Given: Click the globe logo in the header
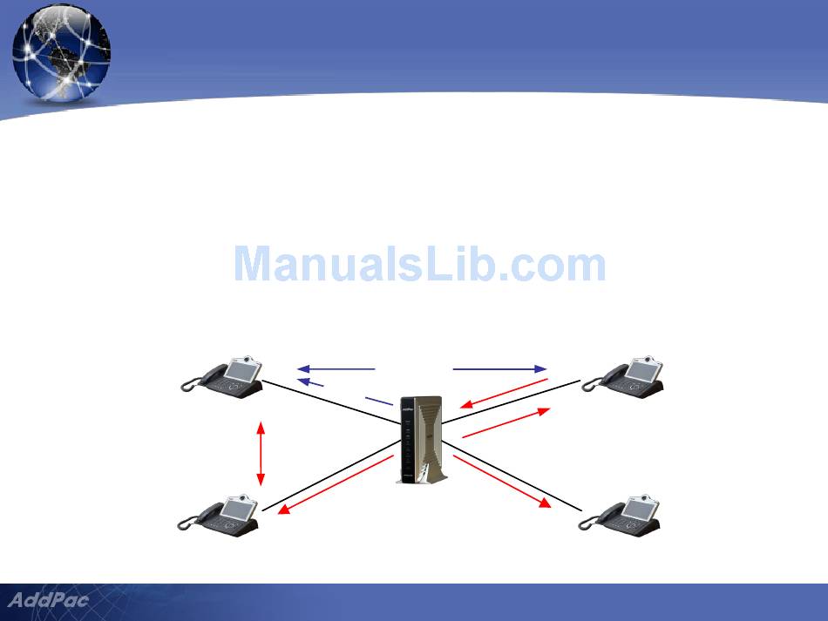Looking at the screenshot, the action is tap(61, 52).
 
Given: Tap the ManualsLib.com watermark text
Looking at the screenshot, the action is tap(419, 265).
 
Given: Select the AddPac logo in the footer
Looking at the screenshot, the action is tap(49, 600).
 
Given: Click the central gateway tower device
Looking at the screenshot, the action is tap(420, 440).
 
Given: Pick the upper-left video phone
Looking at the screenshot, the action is tap(224, 377).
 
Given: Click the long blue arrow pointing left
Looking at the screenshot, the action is tap(336, 368).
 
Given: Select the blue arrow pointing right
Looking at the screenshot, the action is tap(499, 368).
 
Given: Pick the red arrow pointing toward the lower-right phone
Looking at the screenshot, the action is tap(504, 481).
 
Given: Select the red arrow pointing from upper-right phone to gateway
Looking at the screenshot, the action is tap(504, 393).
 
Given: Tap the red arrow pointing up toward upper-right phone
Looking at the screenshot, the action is tap(506, 422).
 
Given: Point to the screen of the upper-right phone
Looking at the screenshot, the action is tap(642, 371).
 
